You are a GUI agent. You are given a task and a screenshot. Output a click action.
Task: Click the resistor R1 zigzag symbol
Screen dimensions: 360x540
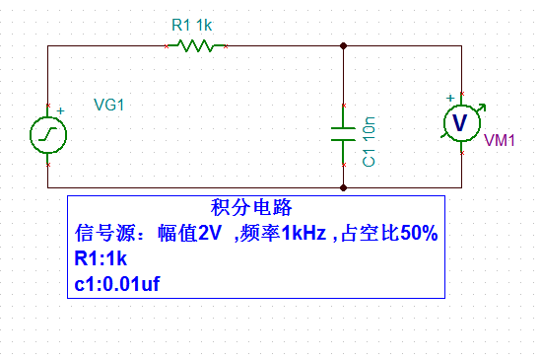(197, 45)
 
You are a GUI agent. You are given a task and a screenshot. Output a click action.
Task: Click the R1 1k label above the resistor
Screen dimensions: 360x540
(190, 26)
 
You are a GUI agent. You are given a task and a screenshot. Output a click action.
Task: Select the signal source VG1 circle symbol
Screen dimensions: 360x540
(47, 135)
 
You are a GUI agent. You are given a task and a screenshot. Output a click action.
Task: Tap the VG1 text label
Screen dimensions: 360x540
(108, 105)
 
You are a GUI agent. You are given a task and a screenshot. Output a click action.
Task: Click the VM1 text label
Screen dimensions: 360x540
(500, 141)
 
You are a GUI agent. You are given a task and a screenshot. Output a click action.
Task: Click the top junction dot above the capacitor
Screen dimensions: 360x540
(342, 45)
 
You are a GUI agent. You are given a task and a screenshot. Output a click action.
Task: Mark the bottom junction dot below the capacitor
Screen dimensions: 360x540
(342, 186)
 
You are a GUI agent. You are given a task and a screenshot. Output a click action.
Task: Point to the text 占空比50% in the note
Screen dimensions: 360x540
(388, 234)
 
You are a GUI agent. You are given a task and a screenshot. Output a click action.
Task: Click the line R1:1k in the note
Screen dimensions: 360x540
(100, 259)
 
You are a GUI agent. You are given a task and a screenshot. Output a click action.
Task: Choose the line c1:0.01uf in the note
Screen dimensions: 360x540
(116, 284)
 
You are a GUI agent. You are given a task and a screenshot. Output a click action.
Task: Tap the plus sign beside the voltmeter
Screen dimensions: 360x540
(450, 98)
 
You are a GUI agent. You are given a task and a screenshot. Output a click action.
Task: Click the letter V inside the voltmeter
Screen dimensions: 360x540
(459, 120)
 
